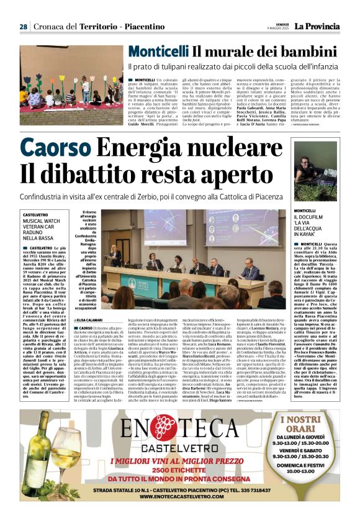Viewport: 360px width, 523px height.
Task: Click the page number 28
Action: click(23, 27)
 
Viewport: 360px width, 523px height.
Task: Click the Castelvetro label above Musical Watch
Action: click(38, 214)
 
